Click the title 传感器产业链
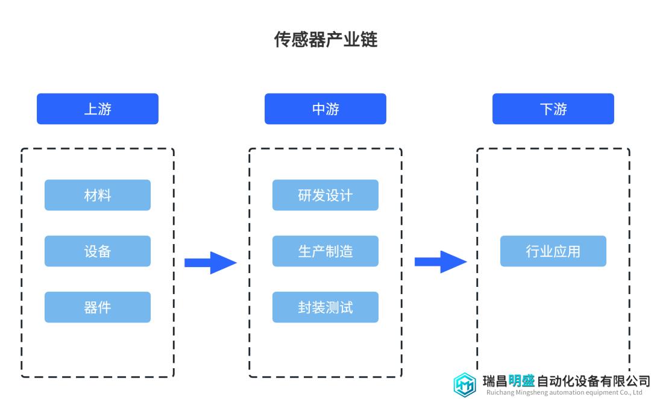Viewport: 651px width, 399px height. tap(325, 39)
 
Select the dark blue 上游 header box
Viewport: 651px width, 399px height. tap(98, 108)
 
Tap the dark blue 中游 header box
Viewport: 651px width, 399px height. tap(325, 108)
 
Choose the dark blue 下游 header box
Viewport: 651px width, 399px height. tap(553, 108)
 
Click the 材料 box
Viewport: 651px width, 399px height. tap(98, 195)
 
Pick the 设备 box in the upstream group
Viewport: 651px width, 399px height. tap(98, 251)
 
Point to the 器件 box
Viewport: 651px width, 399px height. tap(98, 307)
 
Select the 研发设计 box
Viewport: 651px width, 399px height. tap(325, 195)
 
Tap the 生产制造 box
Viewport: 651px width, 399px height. tap(325, 251)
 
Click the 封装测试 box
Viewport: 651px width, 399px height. tap(325, 307)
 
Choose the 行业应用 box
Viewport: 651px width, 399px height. tap(553, 251)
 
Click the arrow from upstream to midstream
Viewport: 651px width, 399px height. tap(210, 263)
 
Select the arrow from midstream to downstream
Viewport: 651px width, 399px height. tap(441, 262)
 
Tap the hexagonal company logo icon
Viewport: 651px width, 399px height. tap(465, 385)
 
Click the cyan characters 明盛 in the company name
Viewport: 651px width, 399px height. tap(521, 381)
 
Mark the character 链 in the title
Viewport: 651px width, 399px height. tap(369, 39)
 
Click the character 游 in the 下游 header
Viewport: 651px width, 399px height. tap(560, 109)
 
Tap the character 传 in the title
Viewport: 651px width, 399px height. tap(283, 39)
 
